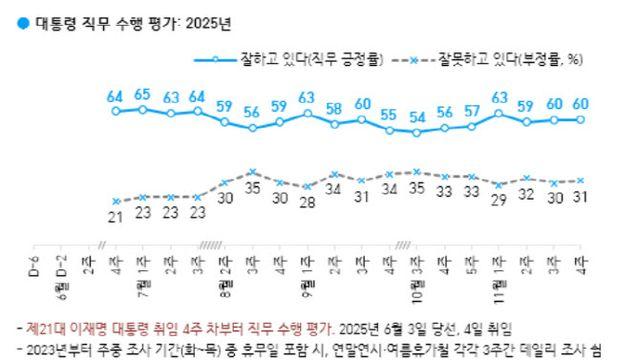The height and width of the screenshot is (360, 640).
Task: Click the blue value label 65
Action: tap(143, 95)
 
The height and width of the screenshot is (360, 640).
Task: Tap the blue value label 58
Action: tap(335, 108)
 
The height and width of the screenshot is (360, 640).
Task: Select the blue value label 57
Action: tap(472, 111)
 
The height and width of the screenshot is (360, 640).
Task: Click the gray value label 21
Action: tap(117, 217)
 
